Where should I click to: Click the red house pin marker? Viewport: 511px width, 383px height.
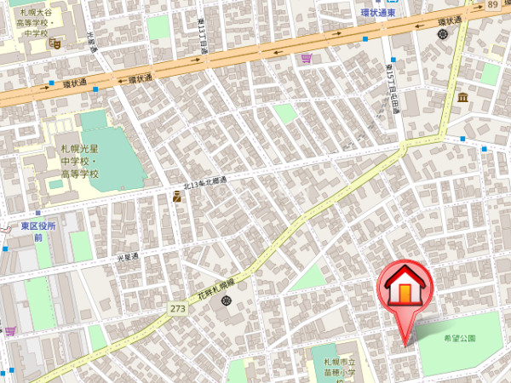[405, 290]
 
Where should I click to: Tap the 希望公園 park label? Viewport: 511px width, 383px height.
[460, 339]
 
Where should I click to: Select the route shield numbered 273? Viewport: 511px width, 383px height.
[177, 308]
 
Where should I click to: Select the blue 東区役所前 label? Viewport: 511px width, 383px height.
[38, 232]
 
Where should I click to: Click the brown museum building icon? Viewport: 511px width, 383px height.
[463, 99]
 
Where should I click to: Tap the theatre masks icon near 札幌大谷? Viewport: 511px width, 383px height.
[55, 43]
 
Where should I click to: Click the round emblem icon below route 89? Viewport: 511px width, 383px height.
[442, 34]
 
